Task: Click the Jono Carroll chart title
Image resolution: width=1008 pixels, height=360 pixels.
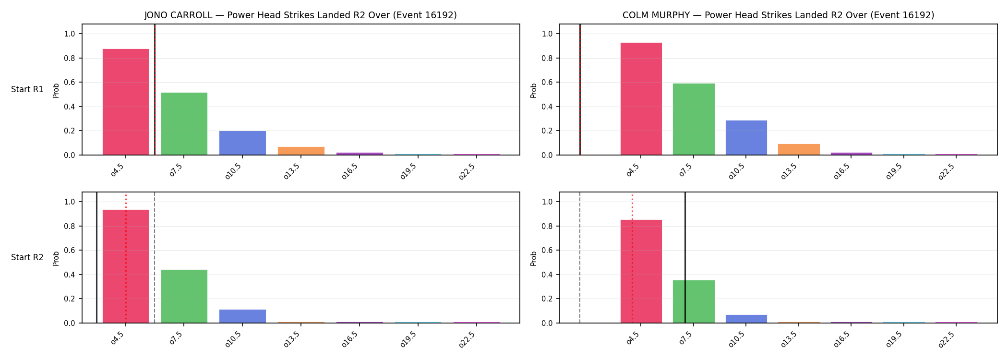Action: point(300,15)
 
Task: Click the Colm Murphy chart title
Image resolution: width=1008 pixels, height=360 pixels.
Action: point(778,15)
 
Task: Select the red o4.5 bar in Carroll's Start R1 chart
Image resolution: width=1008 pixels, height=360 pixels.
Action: point(126,102)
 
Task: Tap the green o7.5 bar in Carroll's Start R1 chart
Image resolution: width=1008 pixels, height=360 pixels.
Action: point(184,124)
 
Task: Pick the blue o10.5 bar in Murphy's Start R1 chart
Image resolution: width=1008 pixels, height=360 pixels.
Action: point(746,138)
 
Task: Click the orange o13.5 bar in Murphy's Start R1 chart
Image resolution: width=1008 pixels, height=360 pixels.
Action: point(799,149)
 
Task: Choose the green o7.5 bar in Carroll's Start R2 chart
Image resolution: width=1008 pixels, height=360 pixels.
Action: point(184,296)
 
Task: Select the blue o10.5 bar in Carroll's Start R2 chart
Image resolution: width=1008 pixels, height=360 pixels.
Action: point(242,316)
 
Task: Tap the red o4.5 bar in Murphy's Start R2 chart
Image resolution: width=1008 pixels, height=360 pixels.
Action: point(641,271)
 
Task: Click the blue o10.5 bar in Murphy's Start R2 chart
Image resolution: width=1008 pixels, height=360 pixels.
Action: point(746,319)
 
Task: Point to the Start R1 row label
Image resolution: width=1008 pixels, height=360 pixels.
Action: point(27,89)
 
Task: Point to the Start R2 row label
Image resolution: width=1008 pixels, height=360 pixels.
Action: point(27,257)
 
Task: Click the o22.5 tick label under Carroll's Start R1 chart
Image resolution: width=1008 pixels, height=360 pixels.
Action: point(467,171)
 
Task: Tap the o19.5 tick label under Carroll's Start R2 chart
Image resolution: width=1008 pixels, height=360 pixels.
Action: point(408,339)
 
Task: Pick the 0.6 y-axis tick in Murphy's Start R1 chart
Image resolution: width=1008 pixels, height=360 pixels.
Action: point(547,83)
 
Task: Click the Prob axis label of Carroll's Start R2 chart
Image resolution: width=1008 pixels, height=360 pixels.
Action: point(56,258)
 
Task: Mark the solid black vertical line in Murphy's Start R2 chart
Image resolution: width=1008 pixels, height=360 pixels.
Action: point(685,257)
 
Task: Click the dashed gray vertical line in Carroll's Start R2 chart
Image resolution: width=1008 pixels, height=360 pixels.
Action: point(155,257)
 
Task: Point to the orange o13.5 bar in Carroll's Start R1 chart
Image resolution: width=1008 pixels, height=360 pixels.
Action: point(301,151)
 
